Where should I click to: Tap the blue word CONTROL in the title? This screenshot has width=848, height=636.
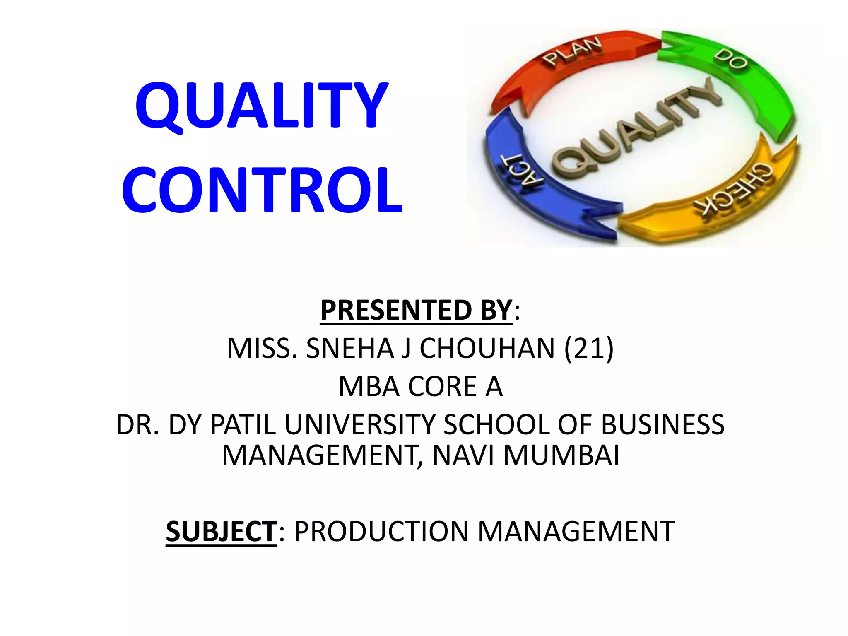pos(262,190)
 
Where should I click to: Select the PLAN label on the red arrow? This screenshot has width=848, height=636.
pos(573,51)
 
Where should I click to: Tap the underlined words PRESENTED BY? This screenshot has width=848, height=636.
pos(416,310)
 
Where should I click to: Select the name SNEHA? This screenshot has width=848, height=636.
pos(350,348)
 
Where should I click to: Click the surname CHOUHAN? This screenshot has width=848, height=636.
pos(487,348)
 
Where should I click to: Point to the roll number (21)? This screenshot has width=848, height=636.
pos(588,348)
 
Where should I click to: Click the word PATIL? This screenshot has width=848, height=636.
pos(243,424)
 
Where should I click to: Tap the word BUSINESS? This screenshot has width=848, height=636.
pos(662,424)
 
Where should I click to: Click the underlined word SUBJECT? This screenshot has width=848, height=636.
pos(221,531)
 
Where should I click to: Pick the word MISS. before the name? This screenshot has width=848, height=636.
pos(262,348)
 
